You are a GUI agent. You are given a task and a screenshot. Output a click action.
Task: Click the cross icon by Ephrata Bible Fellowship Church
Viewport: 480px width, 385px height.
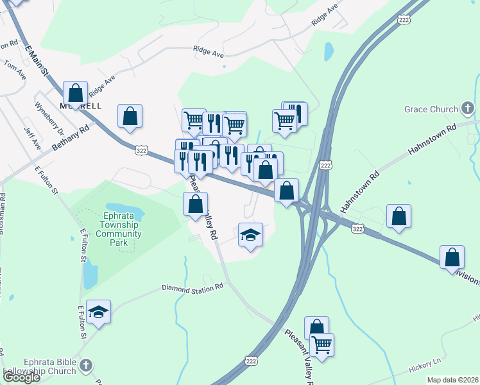[x=86, y=366]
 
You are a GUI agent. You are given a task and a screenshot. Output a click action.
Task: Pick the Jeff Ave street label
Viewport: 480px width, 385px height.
[x=29, y=138]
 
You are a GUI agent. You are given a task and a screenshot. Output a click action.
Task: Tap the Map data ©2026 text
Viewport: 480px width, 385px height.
[x=452, y=380]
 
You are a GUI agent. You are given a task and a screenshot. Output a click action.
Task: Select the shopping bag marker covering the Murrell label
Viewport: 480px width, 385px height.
[x=76, y=92]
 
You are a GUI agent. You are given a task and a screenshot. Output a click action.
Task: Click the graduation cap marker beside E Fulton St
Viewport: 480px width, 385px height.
[x=98, y=312]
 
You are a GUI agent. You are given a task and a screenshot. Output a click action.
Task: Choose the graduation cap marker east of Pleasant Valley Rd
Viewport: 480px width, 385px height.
[x=251, y=235]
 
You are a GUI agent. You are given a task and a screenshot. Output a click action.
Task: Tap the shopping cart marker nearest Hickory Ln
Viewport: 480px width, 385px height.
[x=321, y=345]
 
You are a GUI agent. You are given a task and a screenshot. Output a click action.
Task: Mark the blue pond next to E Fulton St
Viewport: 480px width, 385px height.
[x=90, y=275]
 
